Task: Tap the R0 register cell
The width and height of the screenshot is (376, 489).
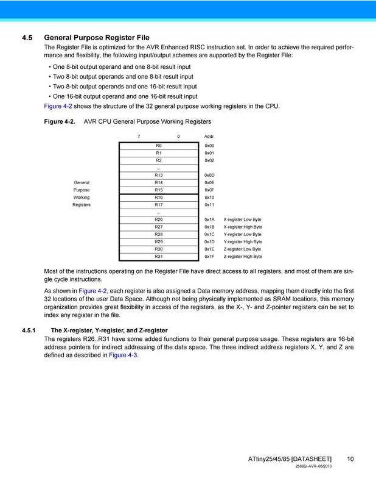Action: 159,146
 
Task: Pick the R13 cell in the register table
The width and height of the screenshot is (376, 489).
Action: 159,175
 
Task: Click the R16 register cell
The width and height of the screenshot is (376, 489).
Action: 159,198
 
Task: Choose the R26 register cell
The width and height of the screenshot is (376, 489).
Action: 159,220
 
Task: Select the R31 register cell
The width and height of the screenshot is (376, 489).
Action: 159,257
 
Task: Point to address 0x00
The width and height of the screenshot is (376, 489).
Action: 209,146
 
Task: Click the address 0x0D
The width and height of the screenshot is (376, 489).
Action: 209,175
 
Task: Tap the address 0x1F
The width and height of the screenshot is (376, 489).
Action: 209,257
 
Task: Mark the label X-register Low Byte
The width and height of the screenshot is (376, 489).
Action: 242,220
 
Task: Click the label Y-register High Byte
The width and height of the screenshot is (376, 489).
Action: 243,242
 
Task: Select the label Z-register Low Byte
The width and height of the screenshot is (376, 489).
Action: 242,249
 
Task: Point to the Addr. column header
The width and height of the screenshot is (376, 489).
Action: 209,136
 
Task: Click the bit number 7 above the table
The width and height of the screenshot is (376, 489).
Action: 139,136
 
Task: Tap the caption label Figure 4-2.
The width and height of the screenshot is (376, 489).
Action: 60,122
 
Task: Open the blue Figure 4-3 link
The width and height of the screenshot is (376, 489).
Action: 124,355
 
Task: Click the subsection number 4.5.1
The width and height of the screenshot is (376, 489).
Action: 29,330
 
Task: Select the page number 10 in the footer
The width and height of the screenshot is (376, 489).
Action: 350,459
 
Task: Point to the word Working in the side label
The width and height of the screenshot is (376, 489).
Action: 82,198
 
